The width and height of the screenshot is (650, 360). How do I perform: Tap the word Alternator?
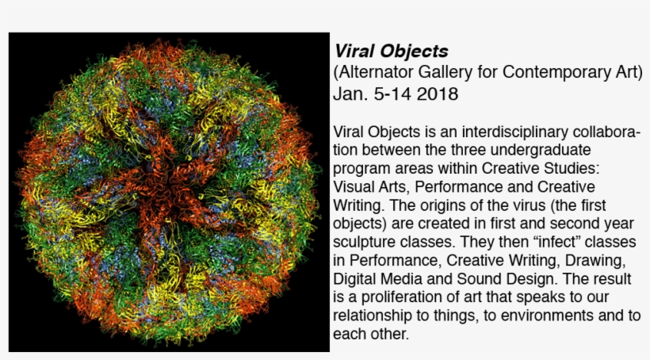(375, 73)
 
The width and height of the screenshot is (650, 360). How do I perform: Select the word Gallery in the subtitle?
(442, 73)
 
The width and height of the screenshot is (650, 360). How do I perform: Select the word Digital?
(354, 279)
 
